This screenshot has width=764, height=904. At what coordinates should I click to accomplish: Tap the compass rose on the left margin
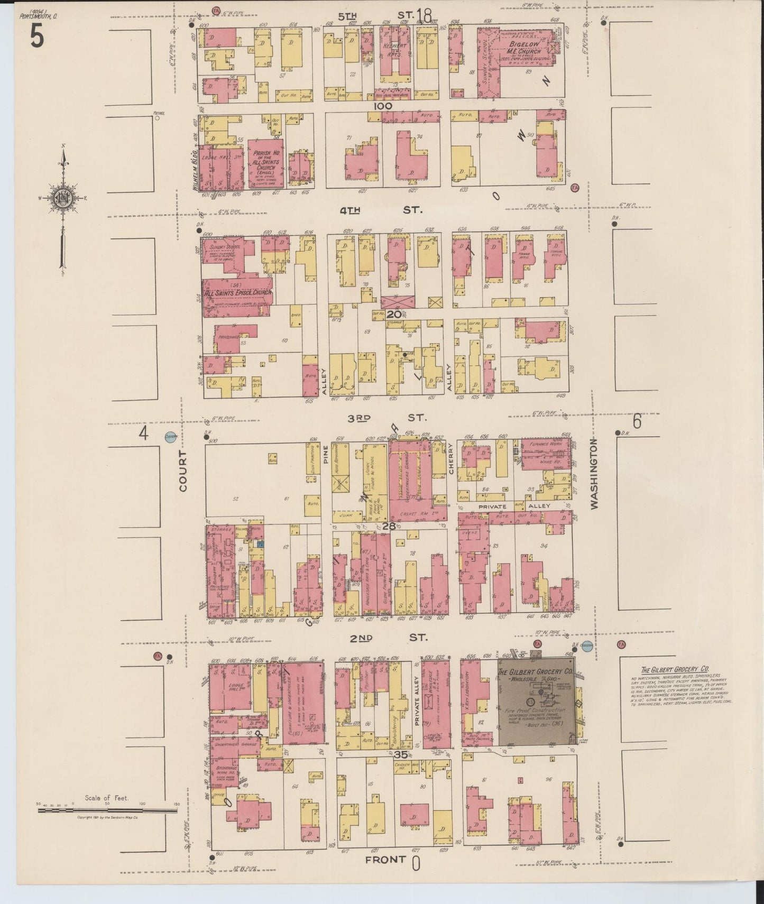pos(62,198)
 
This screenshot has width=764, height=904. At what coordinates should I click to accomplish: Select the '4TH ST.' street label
pos(381,210)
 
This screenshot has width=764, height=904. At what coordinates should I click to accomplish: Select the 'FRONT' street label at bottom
pos(385,860)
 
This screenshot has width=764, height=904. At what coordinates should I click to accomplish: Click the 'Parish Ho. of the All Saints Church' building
pos(265,162)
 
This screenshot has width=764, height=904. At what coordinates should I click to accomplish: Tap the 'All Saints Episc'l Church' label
pos(238,292)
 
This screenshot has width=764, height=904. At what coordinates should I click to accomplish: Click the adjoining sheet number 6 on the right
pos(637,422)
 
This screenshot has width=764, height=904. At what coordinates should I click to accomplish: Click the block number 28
pos(389,526)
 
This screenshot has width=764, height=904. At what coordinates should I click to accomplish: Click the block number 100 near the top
pos(382,106)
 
